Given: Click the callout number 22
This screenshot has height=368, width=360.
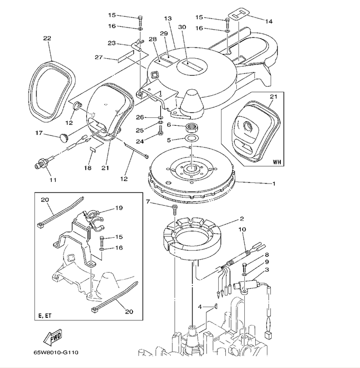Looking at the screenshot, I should coord(47,38).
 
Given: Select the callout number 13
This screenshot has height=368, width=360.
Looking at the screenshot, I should coord(168,19).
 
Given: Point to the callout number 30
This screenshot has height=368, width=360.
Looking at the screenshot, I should coord(182,27).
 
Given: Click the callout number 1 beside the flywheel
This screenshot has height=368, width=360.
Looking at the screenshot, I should coord(274,184).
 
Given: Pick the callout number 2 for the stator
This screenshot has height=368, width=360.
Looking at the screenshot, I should coord(241,218).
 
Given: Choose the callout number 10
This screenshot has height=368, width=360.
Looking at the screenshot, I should coord(242,229).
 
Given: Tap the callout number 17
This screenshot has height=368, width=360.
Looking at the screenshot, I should coord(39,133).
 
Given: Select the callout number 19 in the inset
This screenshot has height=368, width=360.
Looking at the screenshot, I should coord(118,208).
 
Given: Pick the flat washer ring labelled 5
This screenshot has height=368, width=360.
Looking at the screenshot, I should coord(192,140).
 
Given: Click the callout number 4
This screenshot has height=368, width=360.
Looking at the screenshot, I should coord(200,307).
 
